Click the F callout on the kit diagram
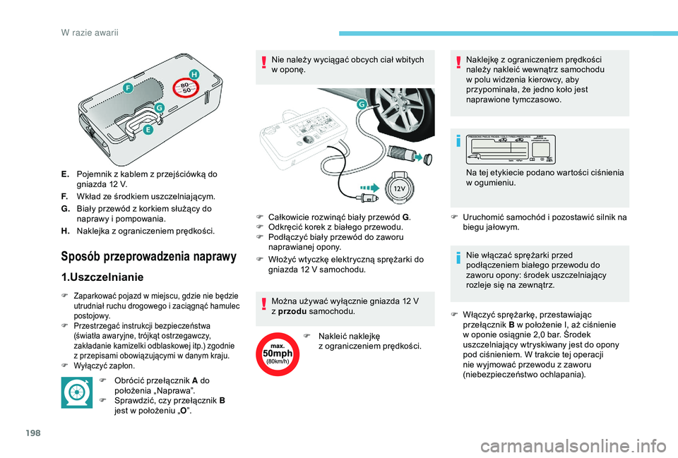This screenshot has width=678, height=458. click(128, 88)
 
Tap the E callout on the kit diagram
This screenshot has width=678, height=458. click(148, 130)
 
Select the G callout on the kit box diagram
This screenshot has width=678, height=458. click(160, 108)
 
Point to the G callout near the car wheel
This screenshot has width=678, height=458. click(362, 104)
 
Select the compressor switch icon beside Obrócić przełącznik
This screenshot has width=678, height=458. click(76, 393)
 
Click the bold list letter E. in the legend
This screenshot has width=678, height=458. click(65, 174)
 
